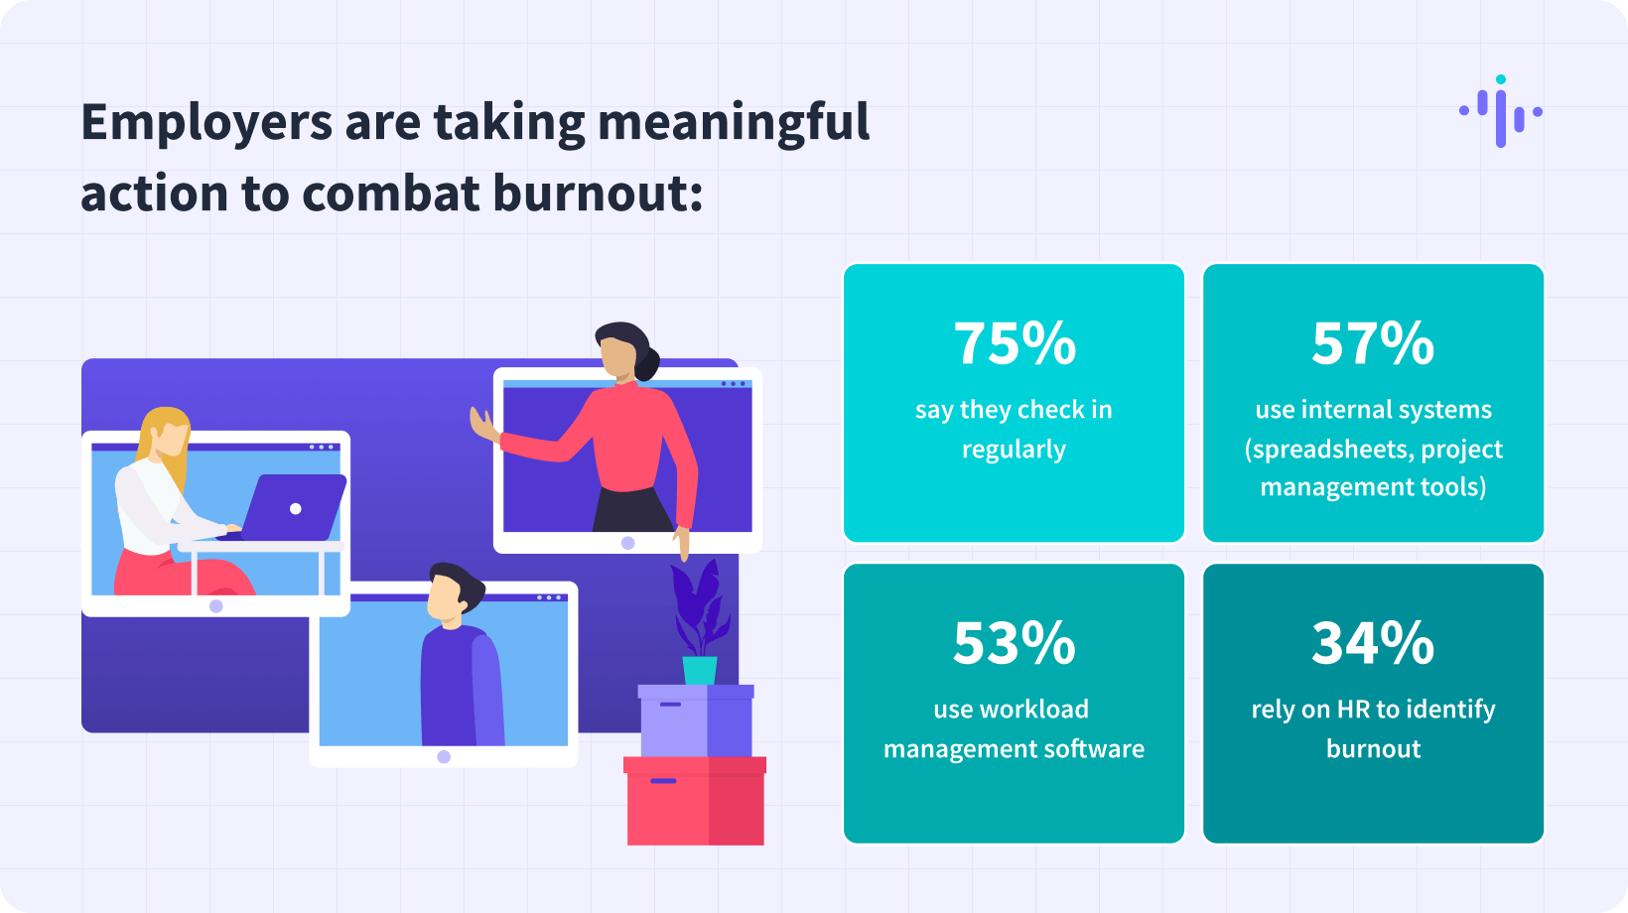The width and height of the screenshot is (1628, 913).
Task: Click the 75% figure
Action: tap(1014, 342)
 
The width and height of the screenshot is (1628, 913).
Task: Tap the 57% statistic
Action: tap(1373, 342)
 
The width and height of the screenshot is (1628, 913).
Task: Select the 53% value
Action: tap(1014, 643)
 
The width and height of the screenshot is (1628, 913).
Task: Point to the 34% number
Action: tap(1373, 643)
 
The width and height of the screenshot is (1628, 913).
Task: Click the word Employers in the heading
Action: tap(206, 123)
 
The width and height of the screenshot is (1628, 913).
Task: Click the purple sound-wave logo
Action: tap(1501, 111)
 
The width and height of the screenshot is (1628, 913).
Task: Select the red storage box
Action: tap(695, 801)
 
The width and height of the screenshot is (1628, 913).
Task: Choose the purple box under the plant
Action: tap(696, 720)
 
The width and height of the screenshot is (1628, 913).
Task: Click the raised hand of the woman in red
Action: tap(483, 426)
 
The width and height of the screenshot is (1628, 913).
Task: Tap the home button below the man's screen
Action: tap(444, 757)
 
